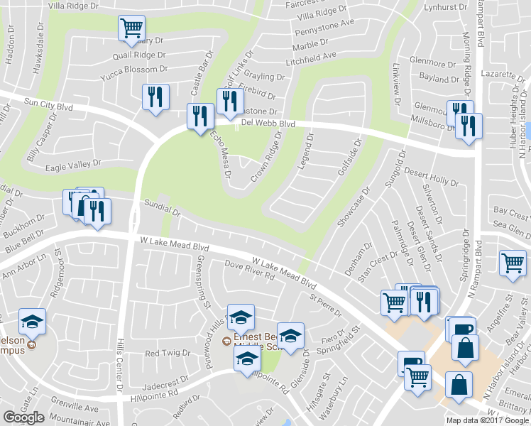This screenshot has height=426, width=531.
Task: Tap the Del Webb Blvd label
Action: tap(268, 123)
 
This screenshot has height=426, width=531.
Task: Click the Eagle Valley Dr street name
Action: tap(73, 164)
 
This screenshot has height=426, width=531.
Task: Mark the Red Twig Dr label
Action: tap(167, 353)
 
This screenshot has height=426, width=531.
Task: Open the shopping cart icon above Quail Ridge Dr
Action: tap(131, 27)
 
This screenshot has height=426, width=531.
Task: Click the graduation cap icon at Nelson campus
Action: tap(32, 321)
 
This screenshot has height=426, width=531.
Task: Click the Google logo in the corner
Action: tap(23, 417)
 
